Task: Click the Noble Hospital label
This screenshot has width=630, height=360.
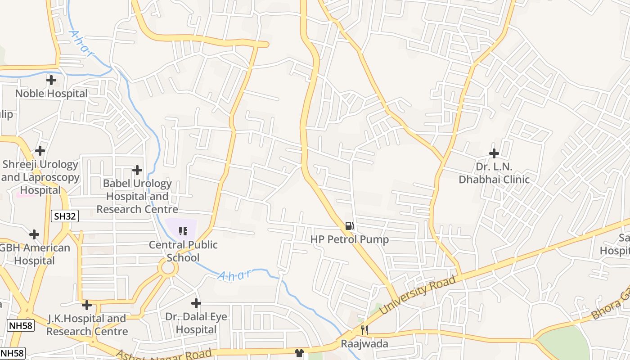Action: click(x=51, y=94)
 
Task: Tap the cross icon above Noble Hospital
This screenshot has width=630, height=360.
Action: click(x=51, y=81)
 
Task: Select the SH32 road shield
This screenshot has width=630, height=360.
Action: click(x=65, y=216)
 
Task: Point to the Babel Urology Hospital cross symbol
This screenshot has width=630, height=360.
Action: click(x=137, y=170)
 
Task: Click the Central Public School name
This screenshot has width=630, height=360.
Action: click(x=183, y=251)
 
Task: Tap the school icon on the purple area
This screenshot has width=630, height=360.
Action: click(x=183, y=231)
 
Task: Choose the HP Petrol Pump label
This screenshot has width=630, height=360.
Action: click(x=349, y=239)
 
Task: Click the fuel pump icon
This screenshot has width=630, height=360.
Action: click(x=349, y=225)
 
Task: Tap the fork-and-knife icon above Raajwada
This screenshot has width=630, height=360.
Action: click(x=364, y=330)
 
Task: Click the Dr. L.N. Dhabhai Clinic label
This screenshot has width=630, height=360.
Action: click(x=494, y=173)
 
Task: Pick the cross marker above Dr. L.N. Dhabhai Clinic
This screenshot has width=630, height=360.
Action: click(x=494, y=153)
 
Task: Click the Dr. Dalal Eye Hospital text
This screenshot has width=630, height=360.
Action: click(x=196, y=323)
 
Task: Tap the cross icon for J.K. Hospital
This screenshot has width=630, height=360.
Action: click(x=87, y=305)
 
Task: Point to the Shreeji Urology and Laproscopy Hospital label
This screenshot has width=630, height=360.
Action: click(x=40, y=177)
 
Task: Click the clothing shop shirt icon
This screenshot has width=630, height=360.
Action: click(x=299, y=353)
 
